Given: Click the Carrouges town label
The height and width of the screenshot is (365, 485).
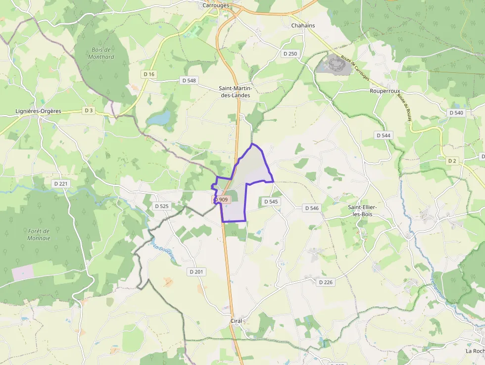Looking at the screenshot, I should pyautogui.click(x=216, y=5).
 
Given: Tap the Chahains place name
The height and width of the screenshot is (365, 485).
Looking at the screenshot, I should pyautogui.click(x=303, y=25).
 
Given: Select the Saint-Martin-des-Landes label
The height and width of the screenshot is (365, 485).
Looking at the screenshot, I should pyautogui.click(x=235, y=92).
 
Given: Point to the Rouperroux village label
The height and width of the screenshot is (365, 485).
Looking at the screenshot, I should pyautogui.click(x=385, y=91).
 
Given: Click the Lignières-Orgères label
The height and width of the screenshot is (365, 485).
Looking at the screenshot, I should pyautogui.click(x=39, y=111).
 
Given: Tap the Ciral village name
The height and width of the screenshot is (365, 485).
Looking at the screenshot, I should pyautogui.click(x=236, y=321).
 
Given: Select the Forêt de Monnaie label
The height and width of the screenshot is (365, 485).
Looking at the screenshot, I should pyautogui.click(x=39, y=234).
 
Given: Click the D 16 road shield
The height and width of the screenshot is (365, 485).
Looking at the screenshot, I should pyautogui.click(x=148, y=74).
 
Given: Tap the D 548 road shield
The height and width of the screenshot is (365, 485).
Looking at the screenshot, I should pyautogui.click(x=189, y=80).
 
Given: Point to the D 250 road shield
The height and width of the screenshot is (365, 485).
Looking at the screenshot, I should pyautogui.click(x=290, y=53).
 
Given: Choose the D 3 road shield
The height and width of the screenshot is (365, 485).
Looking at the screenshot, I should pyautogui.click(x=89, y=110).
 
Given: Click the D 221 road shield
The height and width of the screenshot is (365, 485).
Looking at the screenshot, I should pyautogui.click(x=62, y=184).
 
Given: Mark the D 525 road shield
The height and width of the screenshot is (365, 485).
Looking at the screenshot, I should pyautogui.click(x=162, y=206).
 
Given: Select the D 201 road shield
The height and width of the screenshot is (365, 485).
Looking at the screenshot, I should pyautogui.click(x=196, y=272).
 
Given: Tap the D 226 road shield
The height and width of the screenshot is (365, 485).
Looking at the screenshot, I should pyautogui.click(x=326, y=282).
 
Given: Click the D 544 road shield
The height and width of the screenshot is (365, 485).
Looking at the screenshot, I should pyautogui.click(x=384, y=135).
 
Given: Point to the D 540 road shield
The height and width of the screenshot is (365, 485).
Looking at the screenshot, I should pyautogui.click(x=456, y=113).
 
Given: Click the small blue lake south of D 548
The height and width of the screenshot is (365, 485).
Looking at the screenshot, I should pyautogui.click(x=158, y=118).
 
